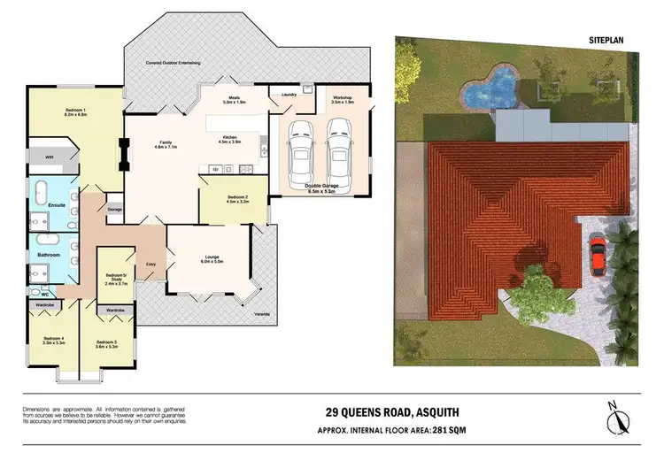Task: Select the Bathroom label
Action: click(x=48, y=255)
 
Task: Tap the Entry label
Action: click(x=151, y=264)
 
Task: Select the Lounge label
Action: click(x=212, y=257)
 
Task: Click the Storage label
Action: click(x=114, y=210)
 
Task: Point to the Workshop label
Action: click(x=343, y=98)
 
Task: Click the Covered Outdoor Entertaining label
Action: click(x=173, y=63)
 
